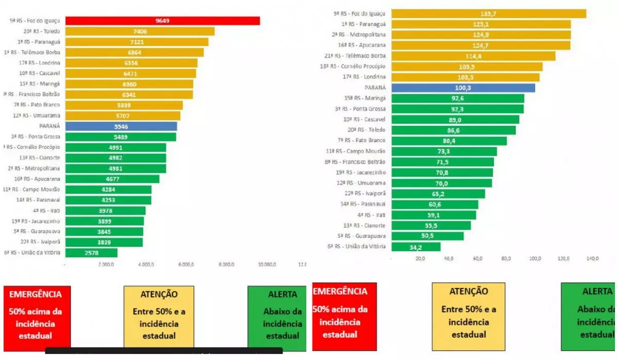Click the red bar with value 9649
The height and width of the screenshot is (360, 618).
tap(162, 21)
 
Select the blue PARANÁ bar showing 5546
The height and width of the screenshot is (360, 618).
tap(121, 126)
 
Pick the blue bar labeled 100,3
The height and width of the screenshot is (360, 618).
tap(463, 88)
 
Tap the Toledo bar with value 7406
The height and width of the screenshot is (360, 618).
tap(140, 31)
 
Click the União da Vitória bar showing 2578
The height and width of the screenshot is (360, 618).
tap(91, 253)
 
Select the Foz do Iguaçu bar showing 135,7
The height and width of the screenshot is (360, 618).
tap(489, 13)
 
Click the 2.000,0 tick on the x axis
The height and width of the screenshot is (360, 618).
tap(106, 265)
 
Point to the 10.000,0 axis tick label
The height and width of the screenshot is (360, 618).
tap(267, 265)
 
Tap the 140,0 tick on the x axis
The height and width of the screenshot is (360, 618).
tap(593, 259)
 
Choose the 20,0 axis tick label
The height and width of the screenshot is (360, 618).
tap(420, 259)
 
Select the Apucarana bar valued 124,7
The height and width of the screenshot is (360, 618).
tap(481, 45)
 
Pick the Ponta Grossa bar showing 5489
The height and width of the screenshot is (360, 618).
tap(121, 137)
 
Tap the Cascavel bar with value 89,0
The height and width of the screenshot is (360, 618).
tap(455, 119)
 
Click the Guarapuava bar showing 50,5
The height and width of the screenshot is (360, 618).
tap(427, 236)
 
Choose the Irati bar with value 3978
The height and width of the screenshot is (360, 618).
tap(105, 211)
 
